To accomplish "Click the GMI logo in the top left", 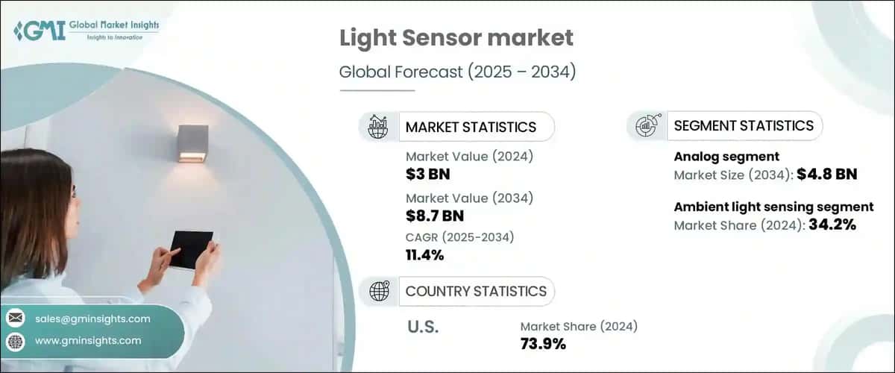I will click(86, 31).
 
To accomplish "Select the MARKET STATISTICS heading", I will click(470, 127).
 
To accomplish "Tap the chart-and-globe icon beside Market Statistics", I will click(378, 127).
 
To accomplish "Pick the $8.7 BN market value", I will click(435, 216).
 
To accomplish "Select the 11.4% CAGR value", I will click(425, 255).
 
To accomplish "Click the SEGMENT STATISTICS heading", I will click(743, 126).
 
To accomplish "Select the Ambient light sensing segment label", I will click(773, 207).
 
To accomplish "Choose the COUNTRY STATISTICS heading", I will click(475, 291).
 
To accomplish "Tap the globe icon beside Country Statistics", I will click(379, 291).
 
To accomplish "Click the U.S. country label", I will click(422, 327).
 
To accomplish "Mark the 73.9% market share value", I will click(543, 344).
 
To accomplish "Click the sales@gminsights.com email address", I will click(92, 319).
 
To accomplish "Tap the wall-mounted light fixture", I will click(192, 143).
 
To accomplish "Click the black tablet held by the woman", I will click(192, 249).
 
